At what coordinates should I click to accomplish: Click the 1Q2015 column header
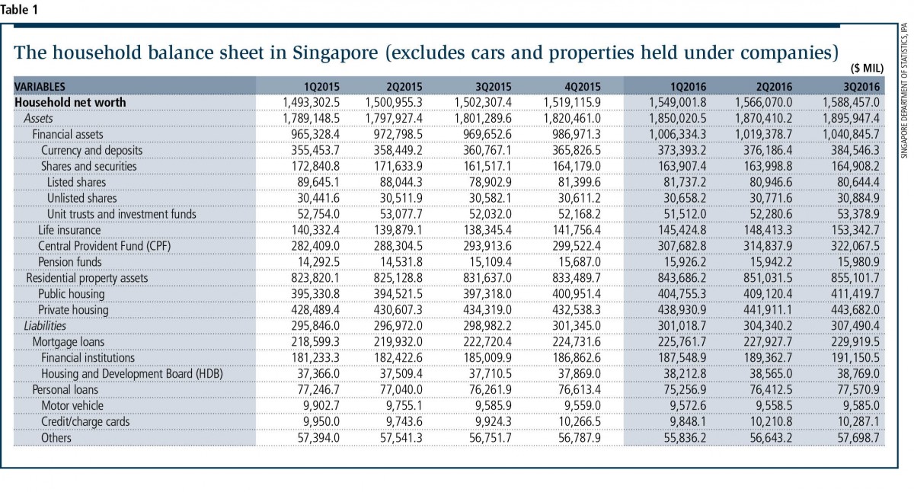coord(321,87)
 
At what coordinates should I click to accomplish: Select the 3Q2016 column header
coord(861,87)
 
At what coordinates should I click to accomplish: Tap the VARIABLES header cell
coord(40,87)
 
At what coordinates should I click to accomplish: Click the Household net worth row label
coord(70,102)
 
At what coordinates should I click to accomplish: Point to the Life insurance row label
coord(69,230)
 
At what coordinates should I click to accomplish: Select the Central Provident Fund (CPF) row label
coord(104,246)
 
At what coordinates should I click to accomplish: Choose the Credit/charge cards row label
coord(85,421)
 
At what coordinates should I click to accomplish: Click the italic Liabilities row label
coord(45,326)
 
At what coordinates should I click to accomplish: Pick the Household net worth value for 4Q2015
coord(572,102)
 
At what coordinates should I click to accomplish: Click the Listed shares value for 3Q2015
coord(490,182)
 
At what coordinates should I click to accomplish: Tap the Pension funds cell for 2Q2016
coord(771,262)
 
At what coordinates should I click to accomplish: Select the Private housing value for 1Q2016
coord(682,310)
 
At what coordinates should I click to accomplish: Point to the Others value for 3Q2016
coord(858,438)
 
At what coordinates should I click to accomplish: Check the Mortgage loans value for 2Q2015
coord(398,342)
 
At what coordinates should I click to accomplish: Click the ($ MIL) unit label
coord(867,68)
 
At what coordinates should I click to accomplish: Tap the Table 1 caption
coord(19,10)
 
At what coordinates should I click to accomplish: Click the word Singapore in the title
coord(335,53)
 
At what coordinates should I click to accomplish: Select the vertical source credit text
coord(905,90)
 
